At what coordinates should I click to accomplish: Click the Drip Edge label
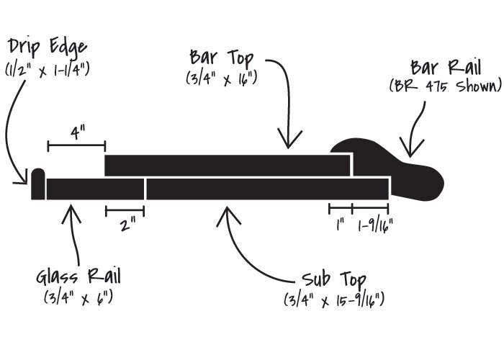click(x=48, y=47)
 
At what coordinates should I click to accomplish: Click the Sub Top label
click(x=333, y=279)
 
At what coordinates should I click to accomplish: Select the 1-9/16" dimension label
click(x=375, y=225)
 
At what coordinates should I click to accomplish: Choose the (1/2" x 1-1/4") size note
click(x=48, y=68)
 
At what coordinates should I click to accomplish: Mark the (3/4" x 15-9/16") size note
click(x=333, y=299)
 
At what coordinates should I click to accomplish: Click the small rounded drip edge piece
click(x=37, y=184)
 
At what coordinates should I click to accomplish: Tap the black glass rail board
click(x=95, y=189)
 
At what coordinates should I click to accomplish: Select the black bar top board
click(x=228, y=165)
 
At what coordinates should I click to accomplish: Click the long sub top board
click(x=267, y=189)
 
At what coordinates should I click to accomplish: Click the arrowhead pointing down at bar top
click(x=292, y=141)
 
